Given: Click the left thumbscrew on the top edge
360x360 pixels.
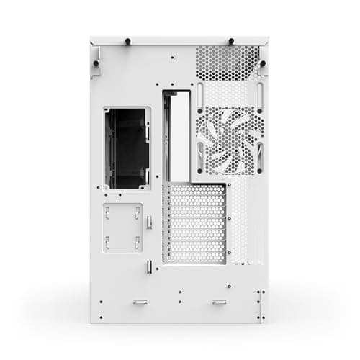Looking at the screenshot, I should point(127,41).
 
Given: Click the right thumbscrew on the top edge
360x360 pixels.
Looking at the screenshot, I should point(230,41).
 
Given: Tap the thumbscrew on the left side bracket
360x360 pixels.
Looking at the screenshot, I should point(96,64).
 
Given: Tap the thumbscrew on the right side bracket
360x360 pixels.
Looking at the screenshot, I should point(264,64).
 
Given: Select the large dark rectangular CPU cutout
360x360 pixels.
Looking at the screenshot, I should point(127,149).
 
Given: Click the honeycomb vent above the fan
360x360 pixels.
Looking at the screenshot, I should point(228,63).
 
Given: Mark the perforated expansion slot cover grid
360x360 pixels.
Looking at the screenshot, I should point(194,223).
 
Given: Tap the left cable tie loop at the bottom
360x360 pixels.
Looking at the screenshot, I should point(140,301).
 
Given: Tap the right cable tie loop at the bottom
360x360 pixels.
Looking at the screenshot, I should point(219,301).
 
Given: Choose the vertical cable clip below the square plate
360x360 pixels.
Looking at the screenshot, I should point(149,267).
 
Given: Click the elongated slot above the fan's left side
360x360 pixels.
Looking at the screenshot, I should point(201,94).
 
